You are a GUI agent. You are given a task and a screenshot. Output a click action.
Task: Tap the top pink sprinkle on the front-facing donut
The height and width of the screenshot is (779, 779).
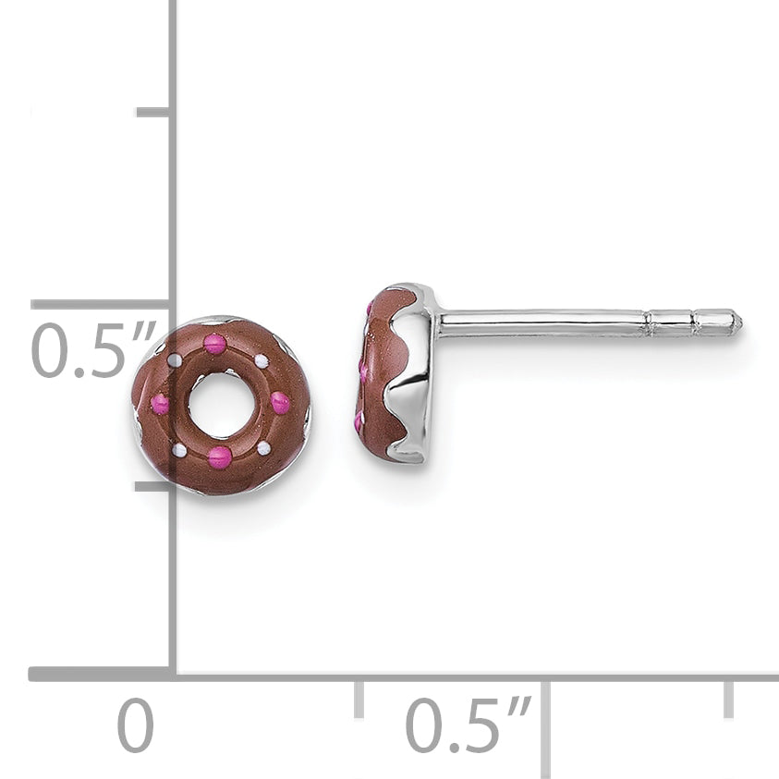point(215,344)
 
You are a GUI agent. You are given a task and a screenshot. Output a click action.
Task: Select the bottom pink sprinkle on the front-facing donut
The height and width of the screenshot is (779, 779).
point(220,456)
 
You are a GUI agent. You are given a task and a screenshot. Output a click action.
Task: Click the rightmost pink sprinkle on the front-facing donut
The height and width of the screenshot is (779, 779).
point(280,401)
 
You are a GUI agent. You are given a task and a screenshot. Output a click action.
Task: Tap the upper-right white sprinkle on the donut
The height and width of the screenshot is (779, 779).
point(262,360)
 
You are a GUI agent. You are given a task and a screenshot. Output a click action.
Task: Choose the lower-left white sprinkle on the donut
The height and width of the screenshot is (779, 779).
point(179,451)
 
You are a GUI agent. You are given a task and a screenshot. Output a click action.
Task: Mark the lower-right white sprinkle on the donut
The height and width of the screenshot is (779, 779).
point(263,448)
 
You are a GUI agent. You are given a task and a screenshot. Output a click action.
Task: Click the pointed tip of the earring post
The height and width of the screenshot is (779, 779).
point(743,323)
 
